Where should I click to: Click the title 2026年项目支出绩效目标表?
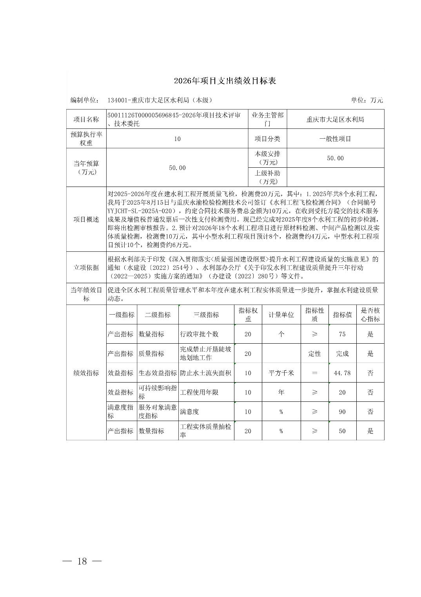coord(225,81)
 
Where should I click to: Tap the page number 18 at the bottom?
coord(82,561)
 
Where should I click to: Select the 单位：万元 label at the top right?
coord(367,100)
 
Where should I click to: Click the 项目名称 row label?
coord(86,119)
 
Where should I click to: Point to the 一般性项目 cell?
coord(335,139)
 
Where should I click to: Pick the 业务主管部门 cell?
coord(268,119)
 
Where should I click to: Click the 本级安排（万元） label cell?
coord(268,158)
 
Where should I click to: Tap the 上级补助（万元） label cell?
coord(268,177)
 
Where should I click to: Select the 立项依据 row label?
coord(86,267)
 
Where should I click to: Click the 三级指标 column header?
coord(206,315)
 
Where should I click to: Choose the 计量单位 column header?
coord(281,315)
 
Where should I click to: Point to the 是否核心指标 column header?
coord(370,315)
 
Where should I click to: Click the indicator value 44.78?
coord(342,373)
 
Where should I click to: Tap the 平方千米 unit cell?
coord(281,373)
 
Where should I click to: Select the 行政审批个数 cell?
coord(199,334)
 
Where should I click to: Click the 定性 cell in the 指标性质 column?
coord(314,353)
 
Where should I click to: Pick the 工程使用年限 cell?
coord(199,392)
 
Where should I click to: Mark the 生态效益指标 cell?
coord(158,373)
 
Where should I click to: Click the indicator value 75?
coord(342,334)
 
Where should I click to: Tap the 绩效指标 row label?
coord(86,373)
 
